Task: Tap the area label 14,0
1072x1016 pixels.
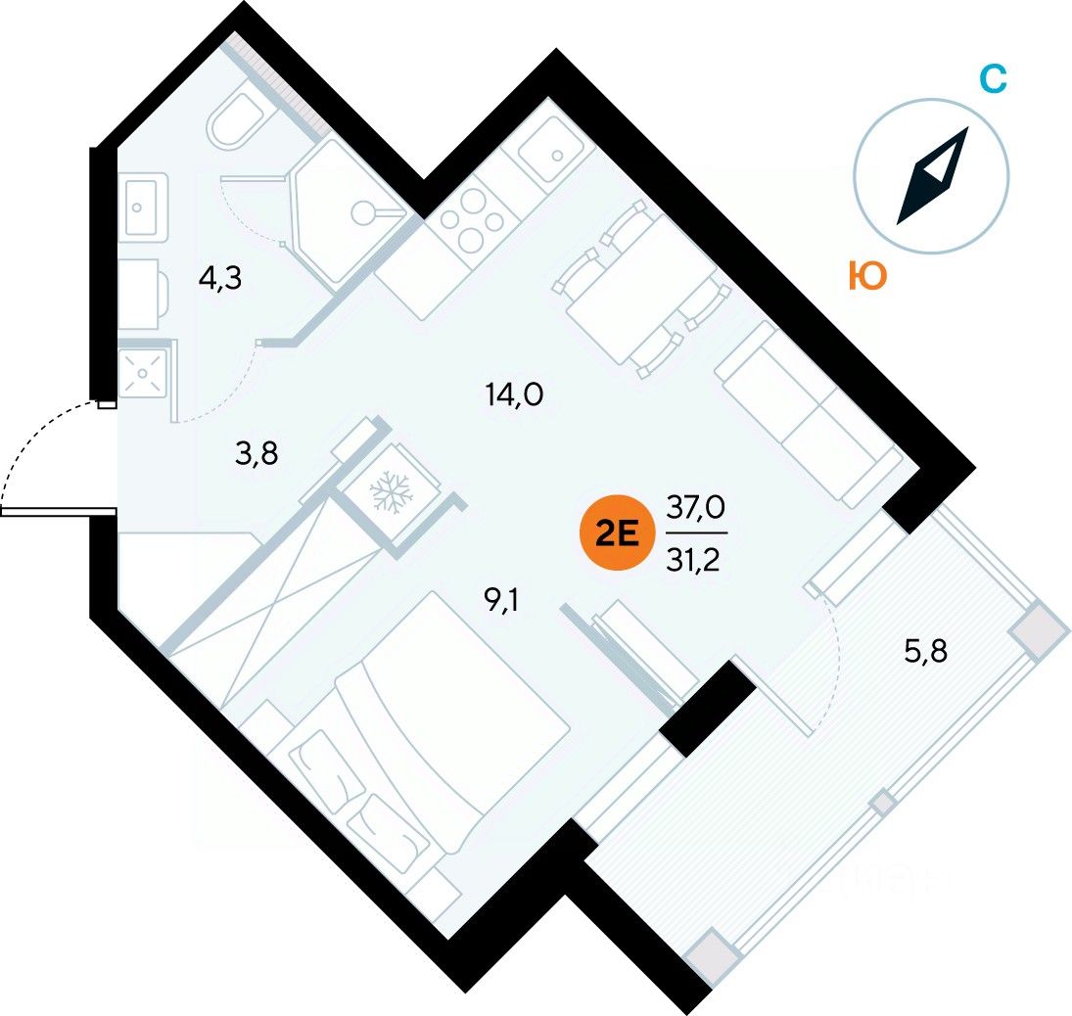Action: (x=514, y=394)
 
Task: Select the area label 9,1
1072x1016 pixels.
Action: (x=501, y=601)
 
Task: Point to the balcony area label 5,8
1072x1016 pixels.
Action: (x=926, y=652)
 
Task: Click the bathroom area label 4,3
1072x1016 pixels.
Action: (x=220, y=278)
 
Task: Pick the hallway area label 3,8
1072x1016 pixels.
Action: (x=256, y=453)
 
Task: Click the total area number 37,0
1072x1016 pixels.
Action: (x=696, y=507)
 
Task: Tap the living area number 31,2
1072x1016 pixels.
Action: (x=694, y=560)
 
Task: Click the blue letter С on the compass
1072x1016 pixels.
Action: (x=993, y=78)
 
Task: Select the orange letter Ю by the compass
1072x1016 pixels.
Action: (x=866, y=276)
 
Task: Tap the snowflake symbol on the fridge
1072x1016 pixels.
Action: (x=392, y=490)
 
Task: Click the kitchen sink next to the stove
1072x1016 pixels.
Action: (x=552, y=150)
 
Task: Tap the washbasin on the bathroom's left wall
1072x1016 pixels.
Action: (x=143, y=207)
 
